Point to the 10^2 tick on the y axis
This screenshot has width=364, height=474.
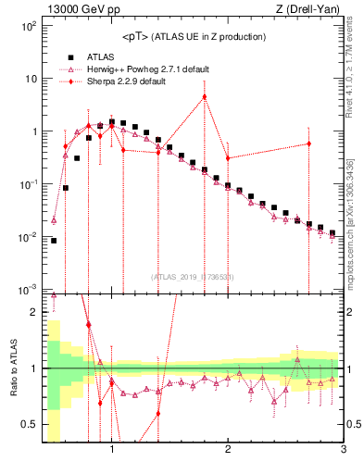28,25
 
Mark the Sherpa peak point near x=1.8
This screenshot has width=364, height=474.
205,97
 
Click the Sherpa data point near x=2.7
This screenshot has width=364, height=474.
308,143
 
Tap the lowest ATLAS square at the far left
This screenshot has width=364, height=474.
54,241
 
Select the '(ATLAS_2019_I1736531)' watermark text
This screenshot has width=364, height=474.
193,277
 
